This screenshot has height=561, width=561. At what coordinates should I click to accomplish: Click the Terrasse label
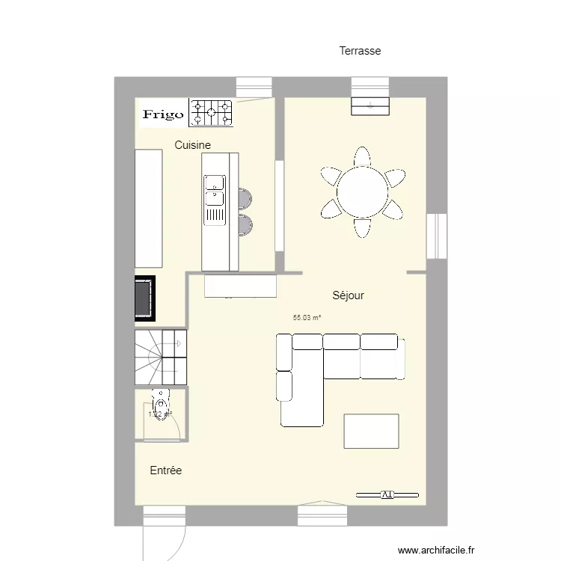[360, 51]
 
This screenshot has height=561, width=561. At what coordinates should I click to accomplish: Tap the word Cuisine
[192, 145]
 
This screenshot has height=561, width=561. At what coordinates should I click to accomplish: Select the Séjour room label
[348, 295]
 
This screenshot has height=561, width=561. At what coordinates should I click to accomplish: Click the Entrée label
[165, 470]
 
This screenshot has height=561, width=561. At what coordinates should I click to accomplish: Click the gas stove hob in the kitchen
[211, 113]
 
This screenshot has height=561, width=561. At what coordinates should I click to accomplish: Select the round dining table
[363, 192]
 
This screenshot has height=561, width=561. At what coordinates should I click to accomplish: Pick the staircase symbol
[160, 357]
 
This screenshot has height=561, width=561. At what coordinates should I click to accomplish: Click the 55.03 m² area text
[307, 318]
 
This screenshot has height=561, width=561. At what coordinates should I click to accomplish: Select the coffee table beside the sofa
[371, 431]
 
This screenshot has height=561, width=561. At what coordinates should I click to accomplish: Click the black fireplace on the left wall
[145, 299]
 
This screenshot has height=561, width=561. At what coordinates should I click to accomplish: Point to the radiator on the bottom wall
[386, 494]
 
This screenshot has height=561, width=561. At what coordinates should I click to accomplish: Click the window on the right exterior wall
[436, 236]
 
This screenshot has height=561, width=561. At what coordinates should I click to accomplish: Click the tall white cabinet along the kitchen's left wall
[148, 208]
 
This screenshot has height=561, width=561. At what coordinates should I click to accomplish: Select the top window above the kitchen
[254, 87]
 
